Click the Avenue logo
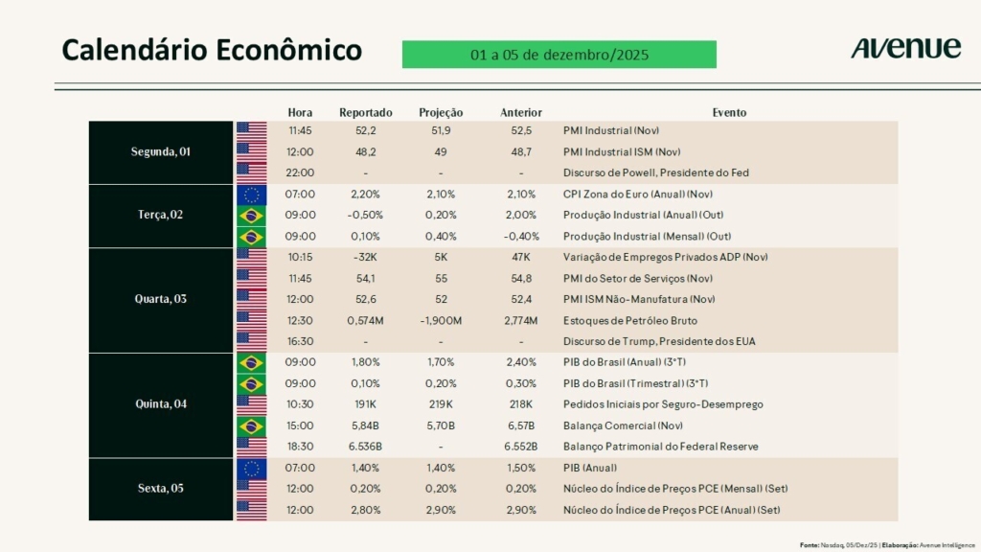pos(905,48)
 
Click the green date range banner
pos(559,55)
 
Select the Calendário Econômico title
pos(212,50)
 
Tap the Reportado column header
pos(366,112)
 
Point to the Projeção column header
pos(441,112)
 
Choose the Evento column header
pos(729,112)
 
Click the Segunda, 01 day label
pos(161,151)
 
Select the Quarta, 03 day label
pos(161,299)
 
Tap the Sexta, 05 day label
pos(161,489)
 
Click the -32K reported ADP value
pos(366,257)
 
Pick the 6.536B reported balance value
pos(366,447)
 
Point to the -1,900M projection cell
pos(441,320)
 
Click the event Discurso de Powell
pos(655,172)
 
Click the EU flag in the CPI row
pos(252,194)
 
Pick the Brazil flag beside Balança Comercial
pos(252,425)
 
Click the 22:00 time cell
pos(300,172)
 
